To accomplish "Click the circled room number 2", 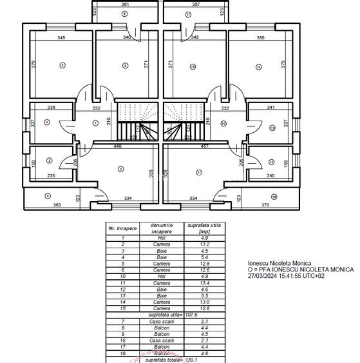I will coord(120,169).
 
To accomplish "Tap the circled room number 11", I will coord(199,172).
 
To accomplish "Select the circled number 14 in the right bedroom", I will coord(258,66).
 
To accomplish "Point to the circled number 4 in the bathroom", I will coord(47,122).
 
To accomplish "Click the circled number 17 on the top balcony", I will coord(188,14).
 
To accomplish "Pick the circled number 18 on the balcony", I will coord(274,197).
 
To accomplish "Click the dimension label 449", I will coord(118,146).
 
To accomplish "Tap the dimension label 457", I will coord(204,146).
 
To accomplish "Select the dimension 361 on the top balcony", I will coord(125,4).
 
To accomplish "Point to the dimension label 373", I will coord(265,205).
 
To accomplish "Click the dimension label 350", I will coord(260,38).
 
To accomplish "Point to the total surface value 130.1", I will coord(191,360).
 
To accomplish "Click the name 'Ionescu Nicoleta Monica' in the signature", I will coord(279,263).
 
